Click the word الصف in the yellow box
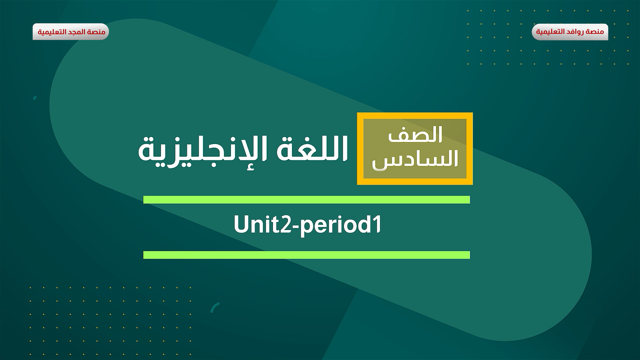tap(415, 135)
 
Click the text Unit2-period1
tap(307, 225)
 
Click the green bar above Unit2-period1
tap(306, 200)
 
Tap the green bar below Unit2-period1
tap(306, 255)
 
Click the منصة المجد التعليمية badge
tap(71, 32)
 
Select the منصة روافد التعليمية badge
tap(570, 32)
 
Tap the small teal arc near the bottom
tap(215, 307)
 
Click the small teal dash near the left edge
tap(35, 98)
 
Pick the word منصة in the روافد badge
tap(595, 32)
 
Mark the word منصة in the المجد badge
tap(97, 32)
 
